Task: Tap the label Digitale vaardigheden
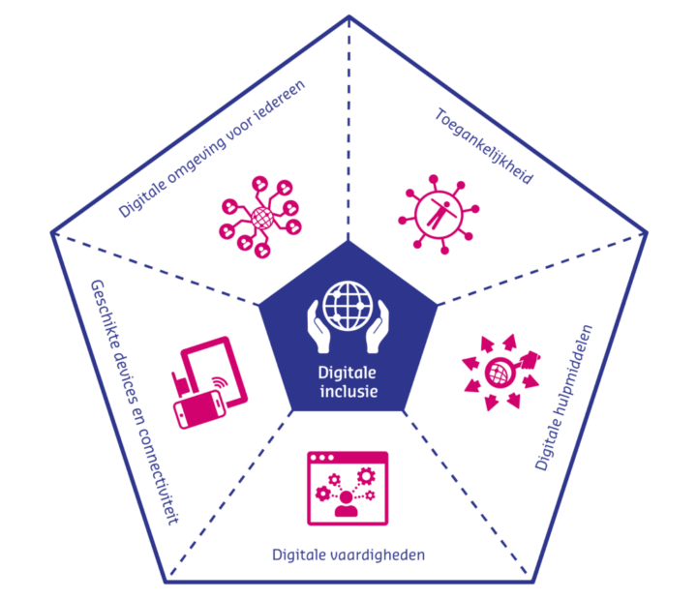[x=348, y=554]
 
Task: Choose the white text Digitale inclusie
[x=348, y=382]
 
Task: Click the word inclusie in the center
[x=348, y=392]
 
